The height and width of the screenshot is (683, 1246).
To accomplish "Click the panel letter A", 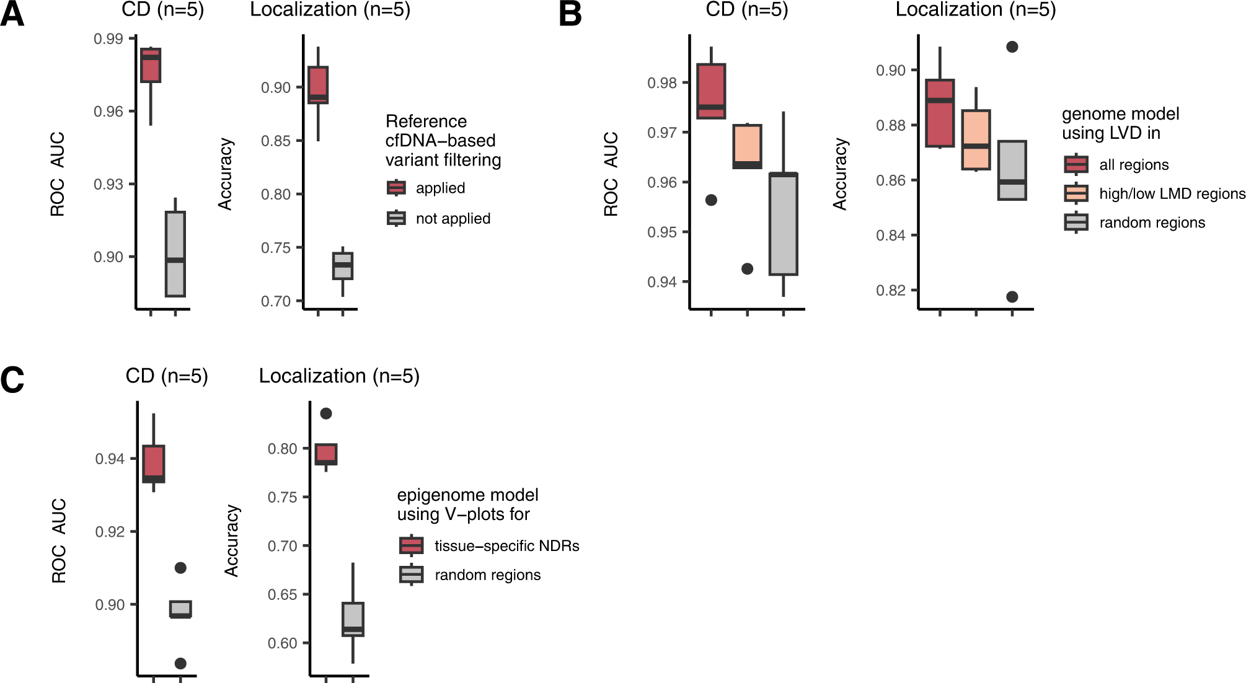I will click(x=12, y=14).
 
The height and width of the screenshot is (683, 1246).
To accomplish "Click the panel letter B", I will click(x=570, y=14).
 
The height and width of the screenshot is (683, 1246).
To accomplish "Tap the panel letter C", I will click(x=12, y=380).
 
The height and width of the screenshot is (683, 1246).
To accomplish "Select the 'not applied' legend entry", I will click(x=453, y=219).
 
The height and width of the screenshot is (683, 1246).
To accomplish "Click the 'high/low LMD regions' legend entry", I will click(x=1172, y=194).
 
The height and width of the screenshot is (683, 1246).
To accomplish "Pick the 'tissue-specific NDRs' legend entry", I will click(x=506, y=546).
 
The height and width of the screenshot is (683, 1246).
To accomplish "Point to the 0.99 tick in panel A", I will click(x=108, y=39).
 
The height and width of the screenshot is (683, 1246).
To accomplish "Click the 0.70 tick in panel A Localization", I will click(x=276, y=302).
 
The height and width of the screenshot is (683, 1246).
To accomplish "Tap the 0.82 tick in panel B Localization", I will click(x=890, y=291).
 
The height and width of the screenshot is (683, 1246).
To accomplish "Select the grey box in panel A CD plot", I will click(x=175, y=254).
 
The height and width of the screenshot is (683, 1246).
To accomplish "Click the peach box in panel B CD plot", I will click(x=747, y=146).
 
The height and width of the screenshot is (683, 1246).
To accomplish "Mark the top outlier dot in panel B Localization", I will click(x=1012, y=47).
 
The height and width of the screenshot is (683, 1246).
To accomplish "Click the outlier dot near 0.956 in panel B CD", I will click(x=711, y=200).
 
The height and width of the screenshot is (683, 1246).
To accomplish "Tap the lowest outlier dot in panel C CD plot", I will click(x=180, y=664).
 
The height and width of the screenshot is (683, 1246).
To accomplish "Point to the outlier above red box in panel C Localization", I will click(x=326, y=413).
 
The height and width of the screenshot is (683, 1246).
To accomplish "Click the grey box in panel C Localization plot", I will click(x=353, y=619).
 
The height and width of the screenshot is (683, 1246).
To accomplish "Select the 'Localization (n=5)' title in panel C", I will click(x=339, y=376).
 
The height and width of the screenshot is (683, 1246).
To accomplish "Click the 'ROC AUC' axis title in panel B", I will click(x=611, y=174).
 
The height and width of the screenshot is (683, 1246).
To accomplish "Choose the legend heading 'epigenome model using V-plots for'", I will click(x=467, y=505).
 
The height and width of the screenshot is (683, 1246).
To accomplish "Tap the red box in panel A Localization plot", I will click(x=318, y=85).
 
